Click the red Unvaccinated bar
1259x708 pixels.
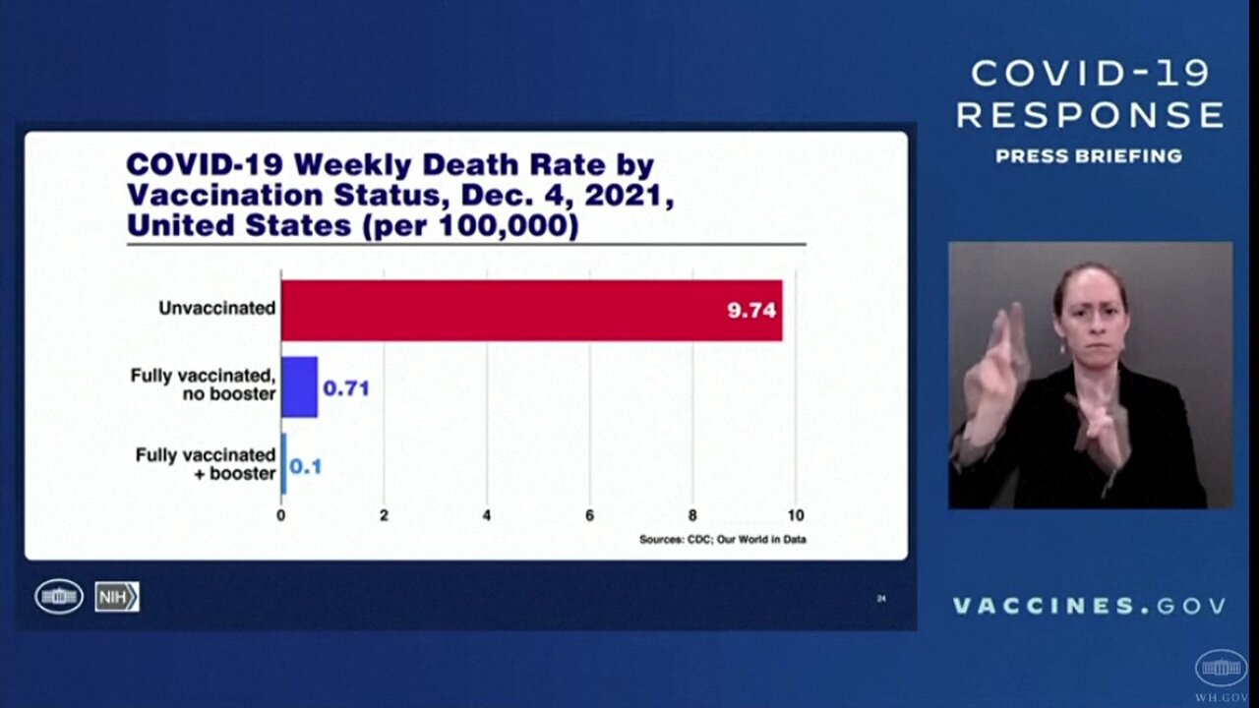pyautogui.click(x=531, y=311)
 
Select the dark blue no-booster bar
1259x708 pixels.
pyautogui.click(x=299, y=387)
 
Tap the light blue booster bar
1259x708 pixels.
pyautogui.click(x=284, y=464)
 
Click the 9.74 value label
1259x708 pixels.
pyautogui.click(x=751, y=311)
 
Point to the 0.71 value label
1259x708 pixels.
pyautogui.click(x=346, y=388)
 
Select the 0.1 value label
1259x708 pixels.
pyautogui.click(x=305, y=466)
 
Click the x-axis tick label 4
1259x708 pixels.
pyautogui.click(x=487, y=515)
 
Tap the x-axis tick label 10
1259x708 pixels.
pyautogui.click(x=795, y=515)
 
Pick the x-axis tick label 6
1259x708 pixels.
pyautogui.click(x=590, y=515)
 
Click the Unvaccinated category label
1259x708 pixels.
pyautogui.click(x=216, y=308)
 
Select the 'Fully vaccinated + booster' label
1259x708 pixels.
pyautogui.click(x=206, y=464)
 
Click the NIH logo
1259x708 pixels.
pyautogui.click(x=117, y=597)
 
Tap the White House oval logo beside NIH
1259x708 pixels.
pyautogui.click(x=59, y=597)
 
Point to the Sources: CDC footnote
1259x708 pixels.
pyautogui.click(x=722, y=539)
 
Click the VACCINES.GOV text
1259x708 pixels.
pyautogui.click(x=1089, y=606)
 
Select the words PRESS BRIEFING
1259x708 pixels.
pyautogui.click(x=1089, y=156)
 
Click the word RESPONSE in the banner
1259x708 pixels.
pyautogui.click(x=1089, y=115)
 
